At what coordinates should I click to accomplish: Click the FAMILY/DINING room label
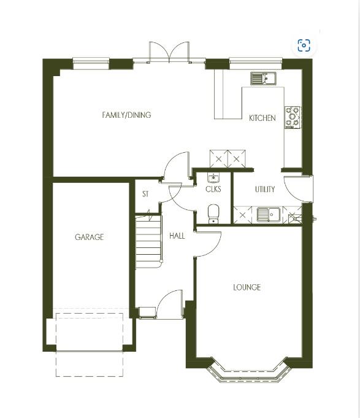pos(126,115)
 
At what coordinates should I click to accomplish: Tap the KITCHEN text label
pos(262,118)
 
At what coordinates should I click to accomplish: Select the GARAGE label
pos(89,237)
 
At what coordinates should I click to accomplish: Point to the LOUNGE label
pos(247,287)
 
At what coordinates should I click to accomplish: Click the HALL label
pos(177,236)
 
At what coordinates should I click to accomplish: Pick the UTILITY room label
pos(265,190)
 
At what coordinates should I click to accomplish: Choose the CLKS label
pos(213,190)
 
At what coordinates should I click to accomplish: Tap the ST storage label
pos(145,194)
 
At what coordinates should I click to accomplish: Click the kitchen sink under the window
pos(263,79)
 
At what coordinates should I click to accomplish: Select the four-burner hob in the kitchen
pos(293,117)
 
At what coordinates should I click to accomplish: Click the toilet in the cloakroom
pos(213,213)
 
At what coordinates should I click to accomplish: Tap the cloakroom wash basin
pos(213,179)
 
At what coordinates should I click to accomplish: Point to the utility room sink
pos(267,214)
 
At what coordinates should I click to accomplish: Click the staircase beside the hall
pos(148,241)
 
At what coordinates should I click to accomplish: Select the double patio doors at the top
pos(169,53)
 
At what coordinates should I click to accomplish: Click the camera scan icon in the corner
pos(304,45)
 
